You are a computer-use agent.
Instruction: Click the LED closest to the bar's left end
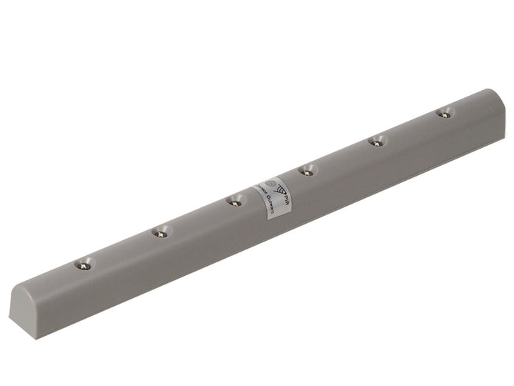[84, 264]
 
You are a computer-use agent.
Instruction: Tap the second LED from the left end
[162, 232]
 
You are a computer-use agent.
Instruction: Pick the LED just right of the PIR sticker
[307, 171]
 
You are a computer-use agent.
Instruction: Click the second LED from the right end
[377, 142]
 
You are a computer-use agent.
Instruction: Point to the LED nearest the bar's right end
[445, 113]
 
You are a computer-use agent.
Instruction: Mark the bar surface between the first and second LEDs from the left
[123, 249]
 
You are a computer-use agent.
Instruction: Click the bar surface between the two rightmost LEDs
[411, 127]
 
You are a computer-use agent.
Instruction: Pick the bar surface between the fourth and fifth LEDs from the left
[342, 157]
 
